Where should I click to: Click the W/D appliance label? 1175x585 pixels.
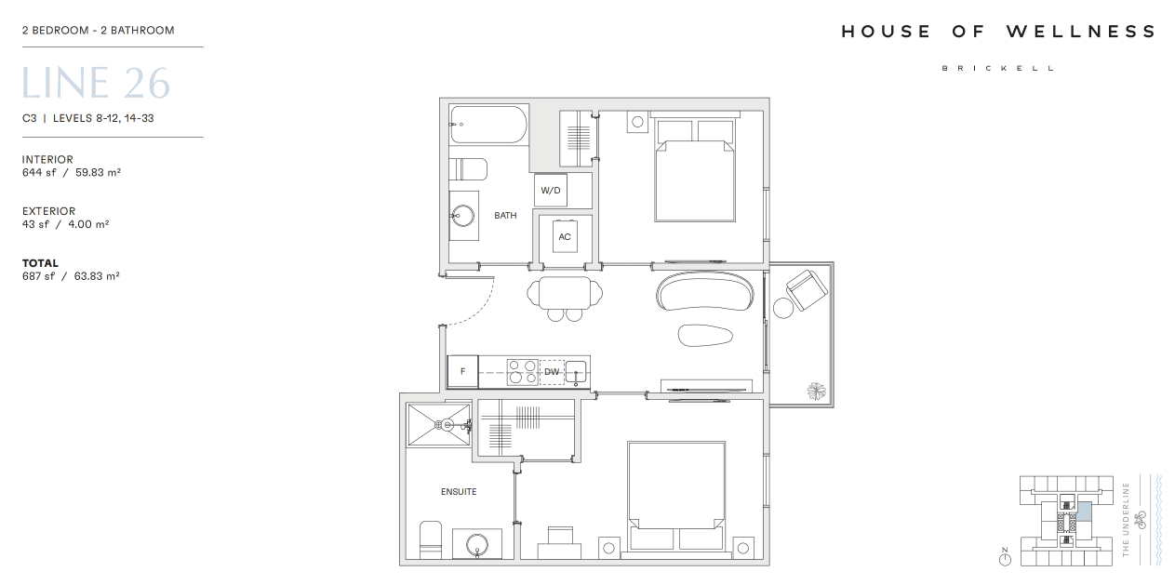[550, 191]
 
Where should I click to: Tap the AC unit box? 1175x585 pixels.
[565, 237]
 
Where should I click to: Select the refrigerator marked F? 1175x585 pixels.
[462, 371]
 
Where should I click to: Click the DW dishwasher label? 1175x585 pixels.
[552, 372]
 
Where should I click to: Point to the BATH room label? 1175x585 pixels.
[505, 216]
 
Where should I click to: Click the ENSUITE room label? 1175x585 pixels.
[459, 492]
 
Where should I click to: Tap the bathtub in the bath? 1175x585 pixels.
[488, 125]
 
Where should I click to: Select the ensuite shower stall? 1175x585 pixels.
[439, 425]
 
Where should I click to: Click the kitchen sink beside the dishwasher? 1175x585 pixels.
[576, 372]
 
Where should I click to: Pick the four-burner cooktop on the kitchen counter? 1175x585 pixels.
[523, 372]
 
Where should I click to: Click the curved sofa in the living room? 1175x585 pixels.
[704, 291]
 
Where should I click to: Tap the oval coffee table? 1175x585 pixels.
[704, 336]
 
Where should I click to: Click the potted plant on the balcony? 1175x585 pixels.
[816, 391]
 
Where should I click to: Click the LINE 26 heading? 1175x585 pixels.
[96, 83]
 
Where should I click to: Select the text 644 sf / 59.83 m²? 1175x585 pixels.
[72, 172]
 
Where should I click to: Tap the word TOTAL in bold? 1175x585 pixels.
[40, 263]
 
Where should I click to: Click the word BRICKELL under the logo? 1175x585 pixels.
[998, 68]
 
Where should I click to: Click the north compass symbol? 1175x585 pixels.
[1005, 558]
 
